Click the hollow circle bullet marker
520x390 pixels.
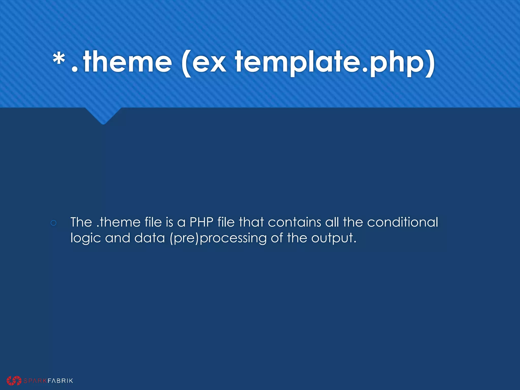[x=54, y=223]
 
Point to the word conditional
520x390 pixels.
[x=402, y=222]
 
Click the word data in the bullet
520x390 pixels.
[x=150, y=238]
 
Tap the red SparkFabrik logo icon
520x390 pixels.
[x=14, y=380]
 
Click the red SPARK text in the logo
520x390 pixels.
[x=35, y=381]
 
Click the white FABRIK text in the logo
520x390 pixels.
[x=60, y=381]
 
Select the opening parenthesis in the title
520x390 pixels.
[x=187, y=63]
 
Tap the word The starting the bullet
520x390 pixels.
[x=81, y=222]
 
